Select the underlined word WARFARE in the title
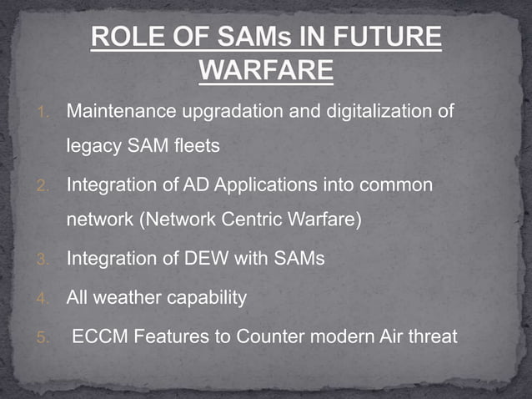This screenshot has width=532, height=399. (267, 71)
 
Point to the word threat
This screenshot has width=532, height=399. (434, 337)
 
